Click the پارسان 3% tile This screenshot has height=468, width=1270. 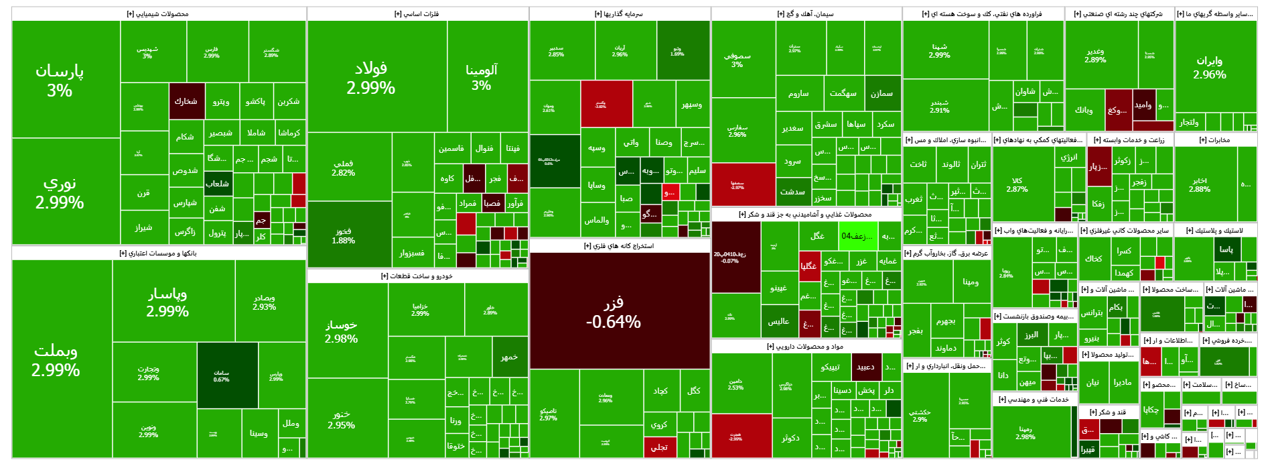[59, 80]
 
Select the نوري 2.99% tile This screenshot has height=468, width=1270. [59, 193]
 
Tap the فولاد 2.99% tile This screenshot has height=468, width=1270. [370, 78]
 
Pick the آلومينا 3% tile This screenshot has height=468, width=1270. [481, 76]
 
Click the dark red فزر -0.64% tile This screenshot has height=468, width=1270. [613, 312]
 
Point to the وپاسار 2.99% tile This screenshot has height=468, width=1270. [167, 302]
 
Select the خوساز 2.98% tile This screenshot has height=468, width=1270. [341, 331]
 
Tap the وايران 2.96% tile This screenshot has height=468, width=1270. [1209, 67]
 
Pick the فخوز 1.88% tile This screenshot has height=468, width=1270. [343, 235]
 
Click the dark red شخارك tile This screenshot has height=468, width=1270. [186, 101]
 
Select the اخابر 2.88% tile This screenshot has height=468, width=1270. [1199, 185]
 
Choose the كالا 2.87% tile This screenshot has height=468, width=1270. [1017, 185]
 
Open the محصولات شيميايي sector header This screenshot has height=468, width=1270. [158, 14]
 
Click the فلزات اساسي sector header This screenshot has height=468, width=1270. [417, 14]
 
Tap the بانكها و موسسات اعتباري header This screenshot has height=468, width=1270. [158, 253]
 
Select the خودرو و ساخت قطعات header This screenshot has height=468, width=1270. [417, 276]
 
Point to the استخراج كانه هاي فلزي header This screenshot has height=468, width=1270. [619, 246]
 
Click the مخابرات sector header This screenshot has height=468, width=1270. [1214, 140]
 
